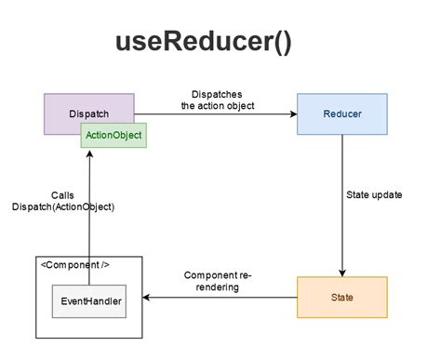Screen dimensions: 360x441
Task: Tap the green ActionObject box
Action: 113,136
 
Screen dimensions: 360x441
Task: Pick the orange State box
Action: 341,298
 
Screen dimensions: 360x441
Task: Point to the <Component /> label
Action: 75,265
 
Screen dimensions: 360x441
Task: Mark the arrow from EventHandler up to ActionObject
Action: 87,214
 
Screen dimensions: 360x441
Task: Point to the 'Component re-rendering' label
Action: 219,281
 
